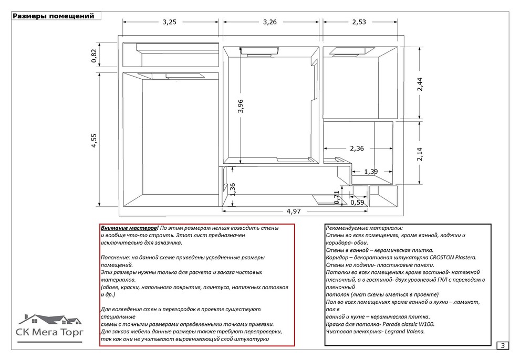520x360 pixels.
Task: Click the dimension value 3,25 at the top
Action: coord(170,22)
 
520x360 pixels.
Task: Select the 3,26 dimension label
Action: coord(269,22)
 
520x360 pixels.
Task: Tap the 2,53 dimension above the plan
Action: coord(359,22)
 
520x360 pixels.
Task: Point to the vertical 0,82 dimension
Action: coord(94,56)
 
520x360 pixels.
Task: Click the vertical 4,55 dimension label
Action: coord(94,141)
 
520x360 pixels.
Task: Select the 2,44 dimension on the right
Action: coord(420,86)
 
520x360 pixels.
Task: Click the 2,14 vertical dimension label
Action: coord(420,155)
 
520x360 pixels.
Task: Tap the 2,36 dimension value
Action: coord(356,149)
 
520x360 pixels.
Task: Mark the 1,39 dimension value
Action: coord(370,172)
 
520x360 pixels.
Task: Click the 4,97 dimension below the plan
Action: coord(294,211)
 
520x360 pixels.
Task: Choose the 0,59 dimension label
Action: coord(357,203)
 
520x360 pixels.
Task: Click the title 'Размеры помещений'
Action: coord(53,16)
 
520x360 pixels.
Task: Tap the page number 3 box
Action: coord(503,345)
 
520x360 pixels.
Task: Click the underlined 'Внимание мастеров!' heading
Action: coord(129,228)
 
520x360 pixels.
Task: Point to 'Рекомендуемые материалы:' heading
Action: coord(364,228)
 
